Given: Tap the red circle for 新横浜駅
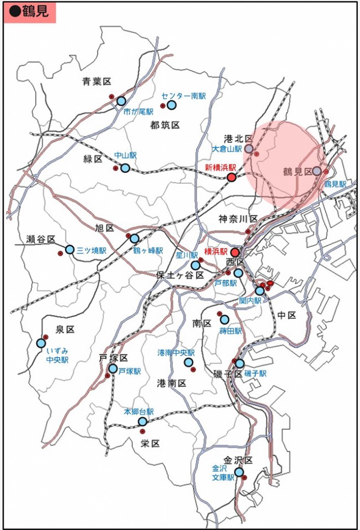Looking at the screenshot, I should point(232,178).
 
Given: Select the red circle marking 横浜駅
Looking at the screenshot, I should point(235,252).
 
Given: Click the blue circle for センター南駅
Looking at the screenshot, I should point(171,105).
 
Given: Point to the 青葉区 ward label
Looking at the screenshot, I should point(97,81).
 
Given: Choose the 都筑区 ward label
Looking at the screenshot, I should point(165,125).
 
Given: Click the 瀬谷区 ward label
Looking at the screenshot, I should point(41,239).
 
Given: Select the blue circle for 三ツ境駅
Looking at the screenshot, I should point(70,249).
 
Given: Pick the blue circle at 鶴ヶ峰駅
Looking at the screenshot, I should point(135,239).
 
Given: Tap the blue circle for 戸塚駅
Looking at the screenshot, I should point(113,369).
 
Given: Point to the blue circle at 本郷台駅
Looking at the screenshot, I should point(142,421).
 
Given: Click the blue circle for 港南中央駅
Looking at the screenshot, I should point(188,362).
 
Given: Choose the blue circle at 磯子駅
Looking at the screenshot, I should point(240,363).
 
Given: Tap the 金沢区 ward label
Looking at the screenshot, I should point(238,460).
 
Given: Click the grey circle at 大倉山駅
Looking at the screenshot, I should point(249,149).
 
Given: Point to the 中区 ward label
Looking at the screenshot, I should point(286,315).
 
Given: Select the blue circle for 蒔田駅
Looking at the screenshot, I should point(224,319).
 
